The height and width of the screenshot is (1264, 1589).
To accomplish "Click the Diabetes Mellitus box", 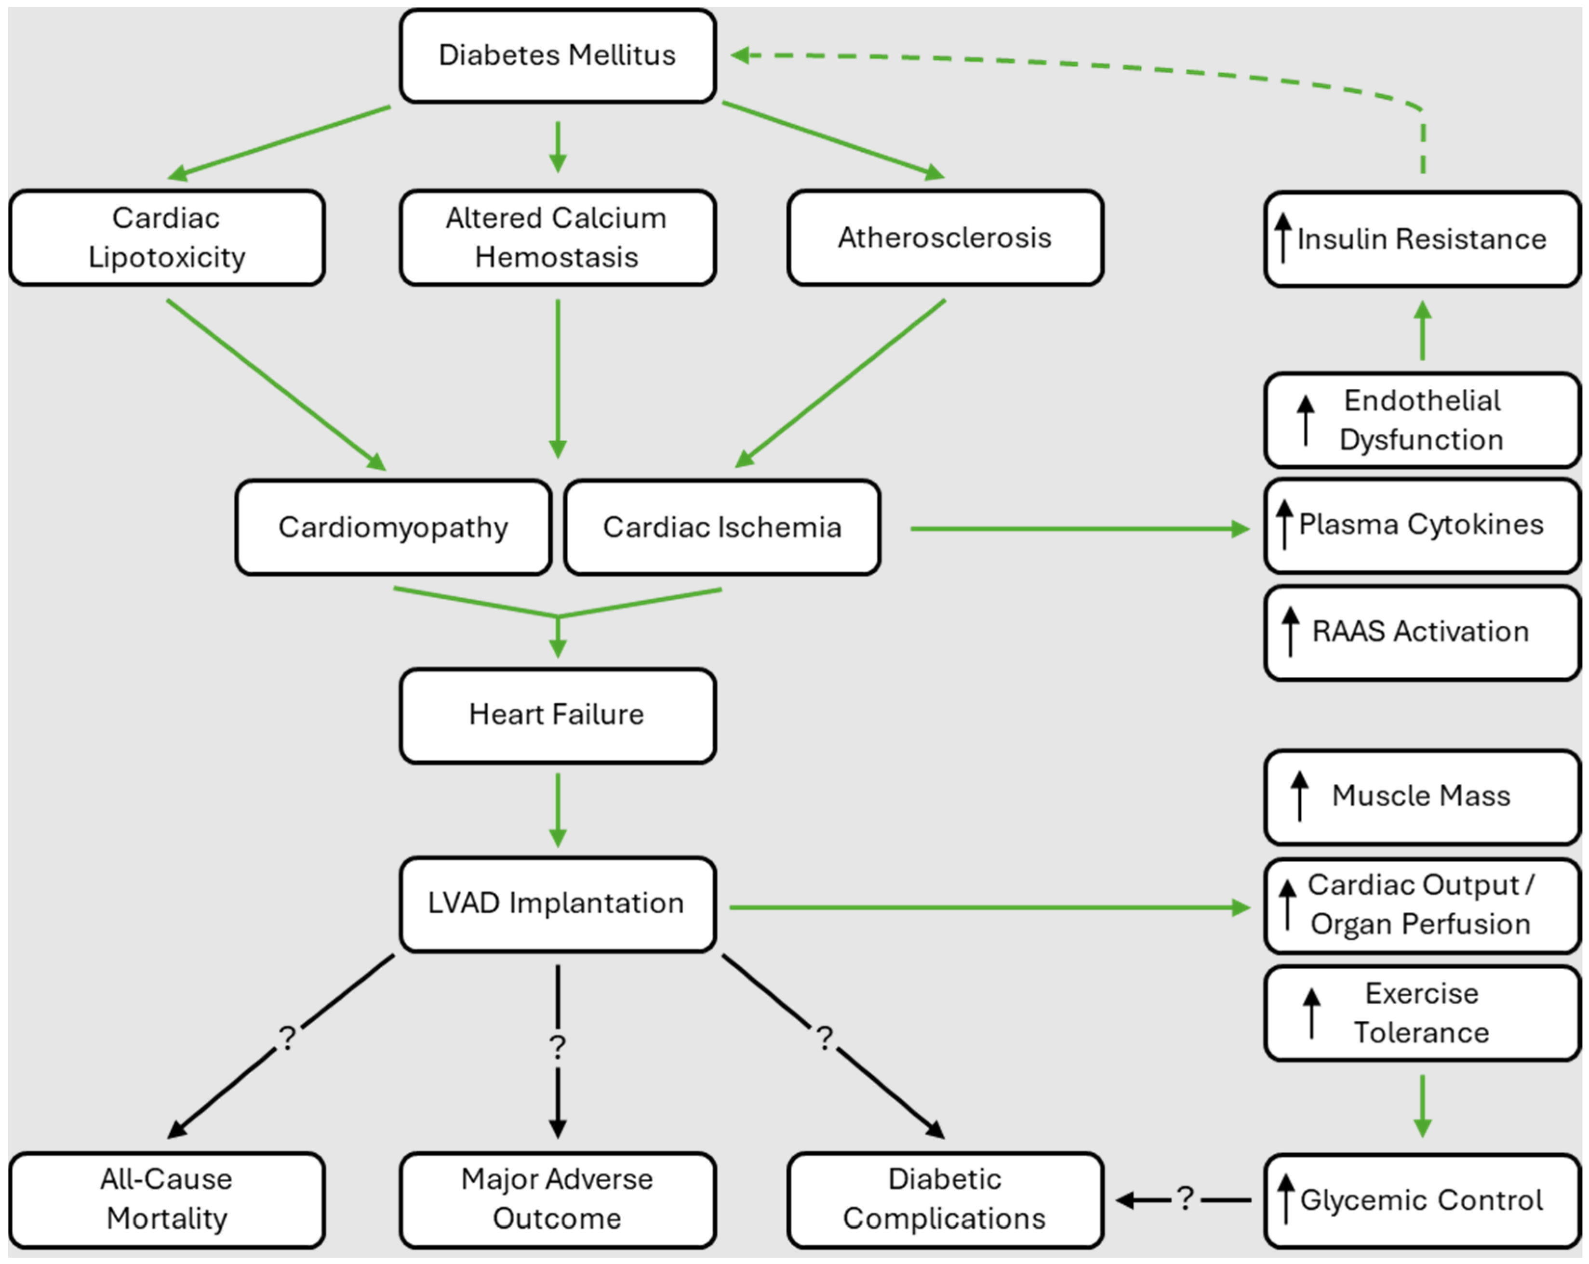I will [557, 56].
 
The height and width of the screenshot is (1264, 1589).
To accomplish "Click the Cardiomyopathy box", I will [393, 527].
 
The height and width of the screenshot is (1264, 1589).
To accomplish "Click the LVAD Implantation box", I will [557, 904].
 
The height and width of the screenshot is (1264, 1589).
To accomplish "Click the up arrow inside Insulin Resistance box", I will [1283, 237].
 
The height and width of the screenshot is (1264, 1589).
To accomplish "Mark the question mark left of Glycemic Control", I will [1185, 1199].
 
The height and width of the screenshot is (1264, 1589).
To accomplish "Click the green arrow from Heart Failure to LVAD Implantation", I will [558, 810].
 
